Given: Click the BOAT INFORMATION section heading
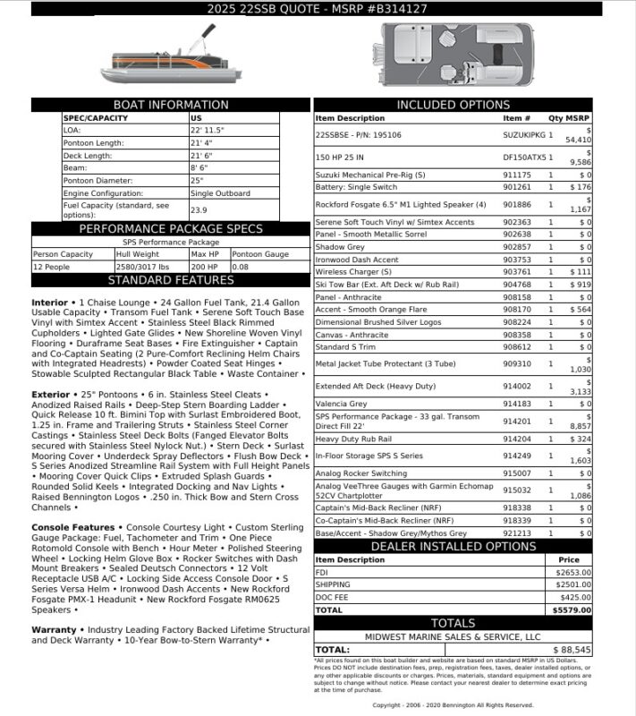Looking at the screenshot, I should point(171,105).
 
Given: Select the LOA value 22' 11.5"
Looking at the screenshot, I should point(207,130).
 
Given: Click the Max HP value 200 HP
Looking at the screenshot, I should point(204,267).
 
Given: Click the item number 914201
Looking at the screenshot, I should point(516,418).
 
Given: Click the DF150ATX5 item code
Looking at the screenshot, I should point(522,158).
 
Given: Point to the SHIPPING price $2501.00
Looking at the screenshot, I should point(573,584).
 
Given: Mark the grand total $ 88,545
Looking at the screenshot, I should point(572,649).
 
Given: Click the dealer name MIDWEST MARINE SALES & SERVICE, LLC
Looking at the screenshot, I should point(453,636).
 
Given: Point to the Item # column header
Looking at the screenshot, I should point(516,118).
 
